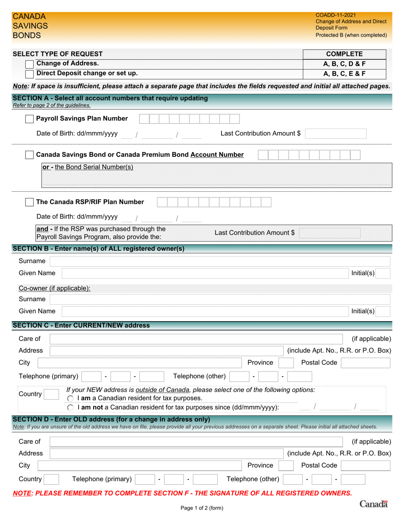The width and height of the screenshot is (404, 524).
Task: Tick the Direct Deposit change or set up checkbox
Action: [x=30, y=74]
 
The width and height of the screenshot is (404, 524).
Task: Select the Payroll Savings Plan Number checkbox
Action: [x=30, y=119]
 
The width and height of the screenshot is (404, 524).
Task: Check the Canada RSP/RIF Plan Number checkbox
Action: [x=30, y=202]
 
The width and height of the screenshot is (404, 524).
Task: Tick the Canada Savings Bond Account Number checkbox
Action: [x=30, y=155]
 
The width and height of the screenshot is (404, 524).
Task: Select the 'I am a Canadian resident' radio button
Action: [x=71, y=398]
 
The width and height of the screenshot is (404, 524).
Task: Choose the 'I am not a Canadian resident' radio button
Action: [x=71, y=408]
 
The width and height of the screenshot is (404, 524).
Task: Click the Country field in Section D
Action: [x=52, y=479]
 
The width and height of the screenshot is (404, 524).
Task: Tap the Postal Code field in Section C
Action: [x=365, y=363]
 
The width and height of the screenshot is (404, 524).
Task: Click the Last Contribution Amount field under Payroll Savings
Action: [x=336, y=134]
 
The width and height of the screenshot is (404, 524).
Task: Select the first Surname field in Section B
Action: [x=219, y=261]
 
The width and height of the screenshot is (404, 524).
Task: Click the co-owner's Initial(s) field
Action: [x=383, y=311]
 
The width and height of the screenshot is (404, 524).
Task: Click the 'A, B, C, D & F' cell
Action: [x=344, y=64]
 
